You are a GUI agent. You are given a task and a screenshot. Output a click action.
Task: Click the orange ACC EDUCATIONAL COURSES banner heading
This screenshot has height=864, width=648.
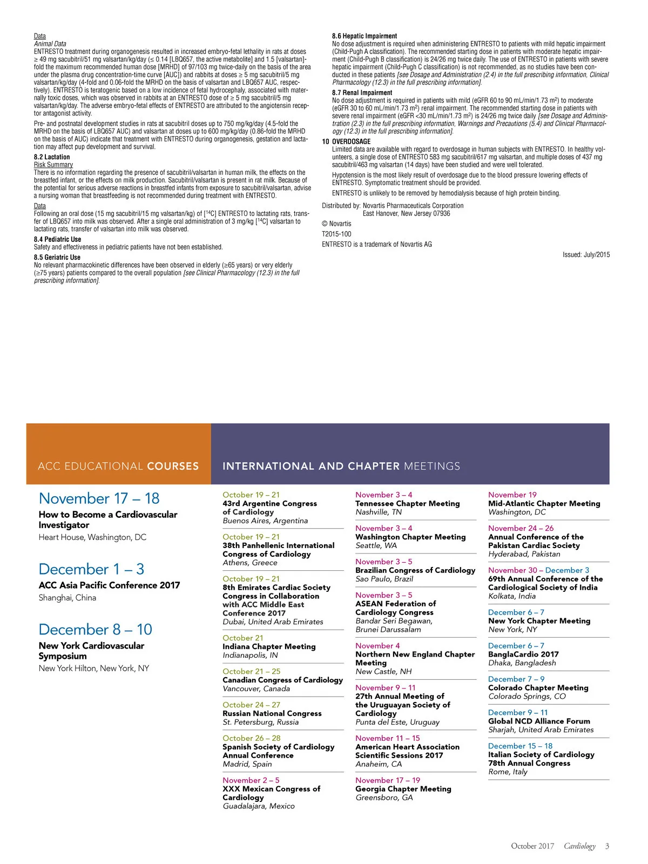(118, 466)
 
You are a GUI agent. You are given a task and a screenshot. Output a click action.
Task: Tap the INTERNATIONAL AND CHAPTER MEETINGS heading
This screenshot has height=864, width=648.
(341, 466)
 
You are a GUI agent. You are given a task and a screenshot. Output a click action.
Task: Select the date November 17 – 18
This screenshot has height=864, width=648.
(99, 498)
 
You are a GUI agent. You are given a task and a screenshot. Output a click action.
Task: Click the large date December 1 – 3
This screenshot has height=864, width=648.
(91, 569)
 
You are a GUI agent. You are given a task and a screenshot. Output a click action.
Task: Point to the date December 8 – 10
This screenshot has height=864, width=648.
(96, 630)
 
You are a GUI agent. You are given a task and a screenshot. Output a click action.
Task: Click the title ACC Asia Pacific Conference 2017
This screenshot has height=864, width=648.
(109, 585)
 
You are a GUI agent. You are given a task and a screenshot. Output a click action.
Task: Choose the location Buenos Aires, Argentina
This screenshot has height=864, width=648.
(265, 521)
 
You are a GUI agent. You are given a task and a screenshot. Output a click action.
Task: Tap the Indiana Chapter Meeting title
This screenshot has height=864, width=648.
(269, 646)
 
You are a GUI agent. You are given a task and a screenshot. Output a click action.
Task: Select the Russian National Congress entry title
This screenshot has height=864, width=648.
(272, 713)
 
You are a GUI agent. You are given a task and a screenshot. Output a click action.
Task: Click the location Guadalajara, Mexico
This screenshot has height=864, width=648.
(259, 806)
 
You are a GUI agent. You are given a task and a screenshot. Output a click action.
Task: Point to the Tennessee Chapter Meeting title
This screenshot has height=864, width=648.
(407, 503)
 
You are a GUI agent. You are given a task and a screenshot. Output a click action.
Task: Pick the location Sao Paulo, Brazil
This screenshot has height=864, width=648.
(384, 579)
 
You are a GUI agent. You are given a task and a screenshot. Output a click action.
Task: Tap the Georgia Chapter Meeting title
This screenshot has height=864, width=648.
(403, 789)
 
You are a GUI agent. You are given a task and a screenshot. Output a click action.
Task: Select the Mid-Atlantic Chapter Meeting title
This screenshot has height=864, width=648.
(544, 503)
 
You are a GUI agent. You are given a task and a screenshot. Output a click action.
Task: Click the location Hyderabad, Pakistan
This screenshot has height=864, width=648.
(524, 554)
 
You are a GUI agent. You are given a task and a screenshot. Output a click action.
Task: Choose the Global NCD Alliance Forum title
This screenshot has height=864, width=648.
(539, 721)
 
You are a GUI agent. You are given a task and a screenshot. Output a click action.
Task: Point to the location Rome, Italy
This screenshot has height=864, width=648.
(508, 772)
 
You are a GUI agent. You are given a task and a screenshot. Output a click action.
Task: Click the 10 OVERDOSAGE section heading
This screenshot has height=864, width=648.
(346, 141)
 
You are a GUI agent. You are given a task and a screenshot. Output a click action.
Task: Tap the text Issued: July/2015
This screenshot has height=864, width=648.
(586, 255)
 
